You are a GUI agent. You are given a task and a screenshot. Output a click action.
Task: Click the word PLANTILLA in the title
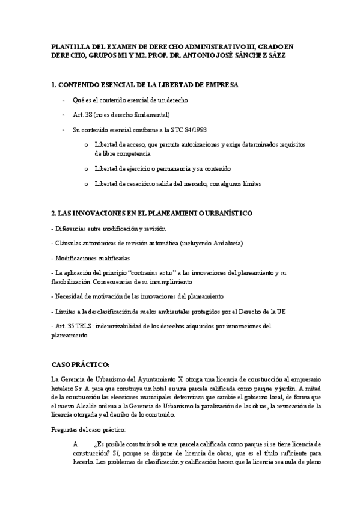[69, 46]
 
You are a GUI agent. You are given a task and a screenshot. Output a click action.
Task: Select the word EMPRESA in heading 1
[218, 85]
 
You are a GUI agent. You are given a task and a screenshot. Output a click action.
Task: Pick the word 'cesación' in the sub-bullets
[142, 183]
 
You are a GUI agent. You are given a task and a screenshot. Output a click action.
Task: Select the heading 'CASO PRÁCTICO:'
[81, 364]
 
